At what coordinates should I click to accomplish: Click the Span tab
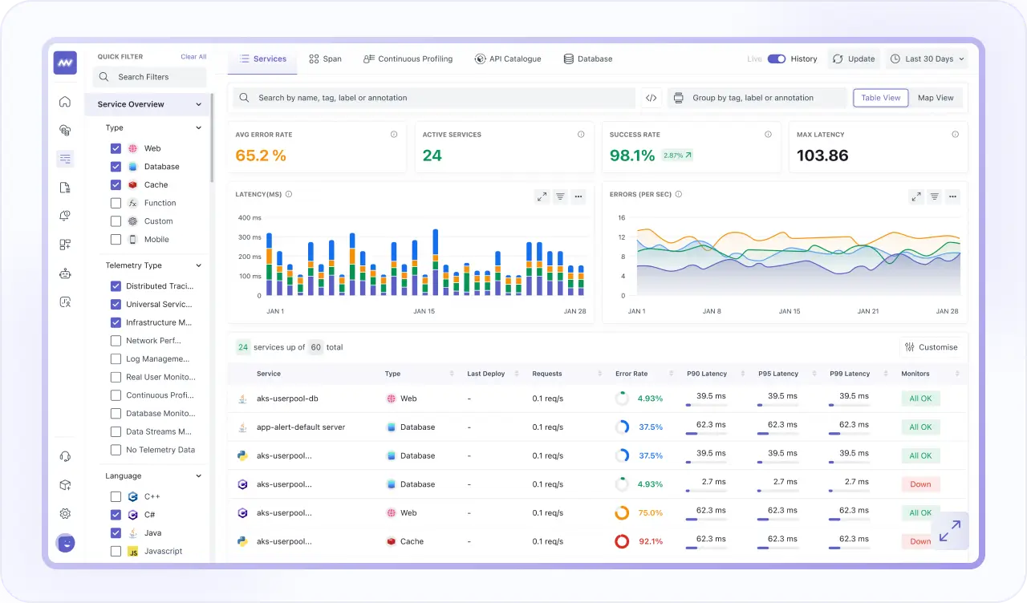coord(325,59)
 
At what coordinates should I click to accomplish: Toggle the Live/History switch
coord(776,59)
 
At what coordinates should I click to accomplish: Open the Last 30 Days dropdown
coord(928,59)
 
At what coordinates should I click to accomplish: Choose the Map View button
coord(936,98)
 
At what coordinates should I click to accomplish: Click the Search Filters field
coord(150,77)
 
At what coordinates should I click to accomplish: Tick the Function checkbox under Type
coord(116,203)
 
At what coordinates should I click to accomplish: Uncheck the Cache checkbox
coord(116,184)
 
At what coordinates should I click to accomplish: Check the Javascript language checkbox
coord(116,551)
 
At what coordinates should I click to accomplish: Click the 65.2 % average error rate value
coord(261,156)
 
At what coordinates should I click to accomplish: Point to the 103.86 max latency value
coord(822,156)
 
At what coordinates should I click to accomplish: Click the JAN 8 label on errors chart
coord(712,311)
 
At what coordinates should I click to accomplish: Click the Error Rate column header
coord(631,374)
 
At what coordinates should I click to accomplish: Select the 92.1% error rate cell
coord(650,541)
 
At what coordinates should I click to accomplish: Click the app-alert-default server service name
coord(301,427)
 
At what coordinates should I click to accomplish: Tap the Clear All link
coord(193,57)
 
